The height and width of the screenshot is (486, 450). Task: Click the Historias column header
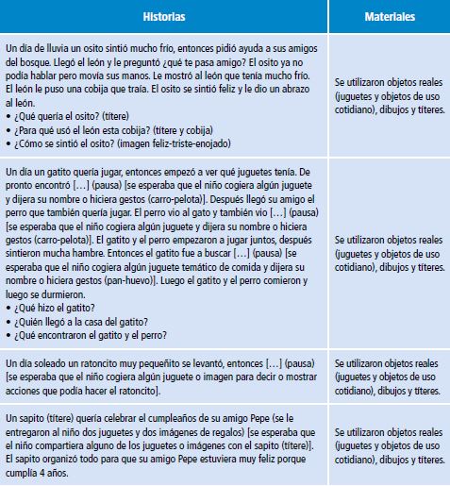164,17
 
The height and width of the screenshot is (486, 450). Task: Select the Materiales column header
389,17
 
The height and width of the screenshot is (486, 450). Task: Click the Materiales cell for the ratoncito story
389,377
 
